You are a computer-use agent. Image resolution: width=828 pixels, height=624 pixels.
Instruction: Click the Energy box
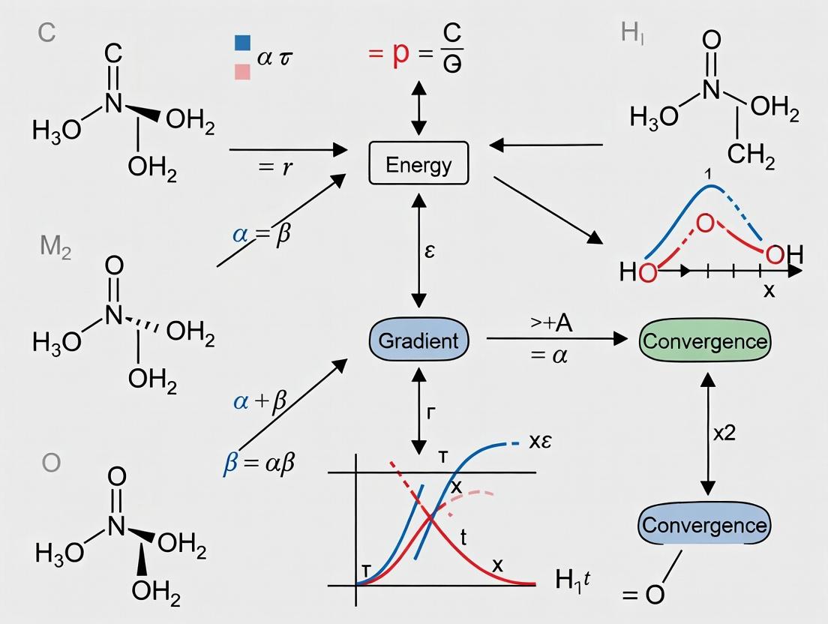click(418, 164)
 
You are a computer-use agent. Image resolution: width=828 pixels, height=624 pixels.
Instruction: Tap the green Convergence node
click(704, 341)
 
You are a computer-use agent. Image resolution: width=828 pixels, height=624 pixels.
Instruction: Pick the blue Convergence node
click(704, 524)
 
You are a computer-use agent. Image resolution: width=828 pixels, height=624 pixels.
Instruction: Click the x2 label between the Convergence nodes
click(724, 433)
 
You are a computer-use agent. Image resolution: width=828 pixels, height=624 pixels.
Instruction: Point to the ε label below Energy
click(429, 250)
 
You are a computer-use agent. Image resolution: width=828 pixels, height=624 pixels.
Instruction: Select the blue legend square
click(242, 41)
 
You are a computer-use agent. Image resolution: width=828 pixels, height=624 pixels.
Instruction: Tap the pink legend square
click(242, 71)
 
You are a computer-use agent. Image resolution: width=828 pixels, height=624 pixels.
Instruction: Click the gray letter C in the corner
click(46, 34)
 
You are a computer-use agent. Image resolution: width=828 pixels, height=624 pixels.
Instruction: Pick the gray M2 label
click(55, 247)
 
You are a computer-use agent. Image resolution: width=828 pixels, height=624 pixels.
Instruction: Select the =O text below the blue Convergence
click(643, 595)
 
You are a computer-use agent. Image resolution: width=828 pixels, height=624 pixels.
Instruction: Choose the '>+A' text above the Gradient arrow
click(551, 323)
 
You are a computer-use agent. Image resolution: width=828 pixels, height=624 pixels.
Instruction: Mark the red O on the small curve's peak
click(704, 223)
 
